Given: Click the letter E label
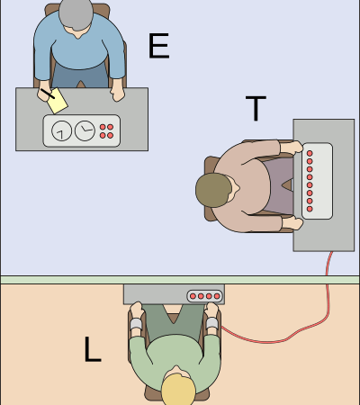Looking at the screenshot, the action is point(159,46).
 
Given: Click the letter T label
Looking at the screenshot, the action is point(256,108).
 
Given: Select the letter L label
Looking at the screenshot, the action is point(93,349).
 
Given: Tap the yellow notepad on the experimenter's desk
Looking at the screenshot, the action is point(58,101).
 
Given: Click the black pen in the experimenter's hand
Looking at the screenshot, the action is point(48,94).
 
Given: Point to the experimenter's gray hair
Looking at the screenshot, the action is point(76,14).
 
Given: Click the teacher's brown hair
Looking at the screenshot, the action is point(213,190).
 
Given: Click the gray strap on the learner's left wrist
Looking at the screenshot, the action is point(136,324).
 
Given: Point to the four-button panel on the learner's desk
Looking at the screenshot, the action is point(205,296).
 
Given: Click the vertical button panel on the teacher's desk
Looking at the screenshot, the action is point(317,181).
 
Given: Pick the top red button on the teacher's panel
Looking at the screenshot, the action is point(310,153).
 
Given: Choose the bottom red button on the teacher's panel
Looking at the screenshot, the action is point(310,209).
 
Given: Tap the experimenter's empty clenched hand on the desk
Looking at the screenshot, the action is point(118,94).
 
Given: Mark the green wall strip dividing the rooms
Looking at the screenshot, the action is point(180,280).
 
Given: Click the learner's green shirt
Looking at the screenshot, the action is point(175,354).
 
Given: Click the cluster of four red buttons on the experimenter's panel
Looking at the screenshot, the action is point(106,131).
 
